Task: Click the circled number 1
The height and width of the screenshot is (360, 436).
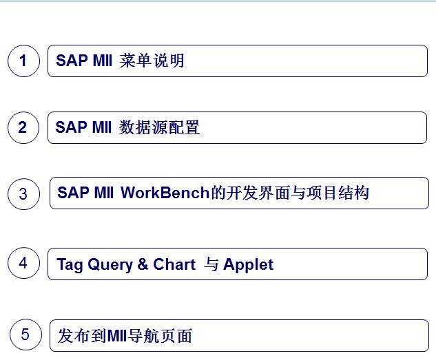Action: [23, 61]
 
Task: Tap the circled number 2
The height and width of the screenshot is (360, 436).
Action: [23, 127]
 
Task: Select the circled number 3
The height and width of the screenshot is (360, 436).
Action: [23, 194]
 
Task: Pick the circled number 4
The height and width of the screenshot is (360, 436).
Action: [23, 263]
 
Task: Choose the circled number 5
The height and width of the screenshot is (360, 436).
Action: [25, 335]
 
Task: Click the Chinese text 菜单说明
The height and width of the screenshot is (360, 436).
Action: [152, 61]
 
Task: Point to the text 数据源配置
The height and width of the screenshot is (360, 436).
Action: [159, 127]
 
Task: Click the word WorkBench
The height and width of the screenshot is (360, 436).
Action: [165, 193]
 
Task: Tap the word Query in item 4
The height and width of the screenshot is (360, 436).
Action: [110, 265]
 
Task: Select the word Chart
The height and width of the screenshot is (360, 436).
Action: [174, 264]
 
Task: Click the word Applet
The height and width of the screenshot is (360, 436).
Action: [249, 265]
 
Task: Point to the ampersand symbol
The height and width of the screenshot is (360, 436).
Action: [143, 264]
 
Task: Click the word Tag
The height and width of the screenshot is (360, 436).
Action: [70, 265]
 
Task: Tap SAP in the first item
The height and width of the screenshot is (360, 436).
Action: [72, 61]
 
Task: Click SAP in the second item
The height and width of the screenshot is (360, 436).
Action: [71, 127]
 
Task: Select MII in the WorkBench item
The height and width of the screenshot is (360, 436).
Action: [104, 193]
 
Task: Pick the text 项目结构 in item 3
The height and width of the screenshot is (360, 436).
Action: [338, 193]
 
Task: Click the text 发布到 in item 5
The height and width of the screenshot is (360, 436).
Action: [81, 335]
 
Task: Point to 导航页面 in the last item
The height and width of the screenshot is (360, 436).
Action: [160, 335]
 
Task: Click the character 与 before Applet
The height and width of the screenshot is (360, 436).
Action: [211, 264]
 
